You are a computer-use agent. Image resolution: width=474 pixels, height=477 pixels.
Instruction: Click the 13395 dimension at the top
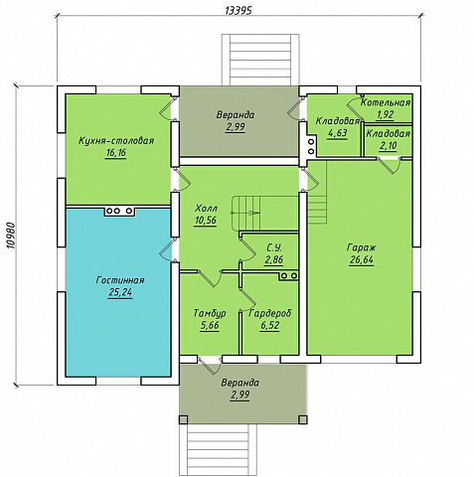tap(238, 10)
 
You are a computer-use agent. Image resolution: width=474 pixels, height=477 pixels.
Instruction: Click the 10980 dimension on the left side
tap(11, 236)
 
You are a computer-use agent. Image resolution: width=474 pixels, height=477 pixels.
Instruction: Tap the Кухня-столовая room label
tap(116, 140)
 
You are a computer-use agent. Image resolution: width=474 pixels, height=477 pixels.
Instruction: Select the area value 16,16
tap(115, 153)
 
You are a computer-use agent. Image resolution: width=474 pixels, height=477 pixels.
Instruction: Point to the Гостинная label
tap(120, 280)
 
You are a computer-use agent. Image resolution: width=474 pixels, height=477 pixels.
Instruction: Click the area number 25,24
tap(120, 292)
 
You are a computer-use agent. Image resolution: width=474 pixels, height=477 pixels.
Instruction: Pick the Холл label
tap(206, 209)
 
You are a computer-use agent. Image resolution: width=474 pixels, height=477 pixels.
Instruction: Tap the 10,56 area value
tap(206, 221)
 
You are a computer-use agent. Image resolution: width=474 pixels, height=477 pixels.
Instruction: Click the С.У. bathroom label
tap(274, 247)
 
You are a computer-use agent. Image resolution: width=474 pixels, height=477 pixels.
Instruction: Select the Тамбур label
tap(210, 313)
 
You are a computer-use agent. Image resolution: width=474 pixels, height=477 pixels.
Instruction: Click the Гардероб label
tap(270, 313)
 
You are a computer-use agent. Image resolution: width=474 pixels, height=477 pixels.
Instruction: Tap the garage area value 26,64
tap(362, 260)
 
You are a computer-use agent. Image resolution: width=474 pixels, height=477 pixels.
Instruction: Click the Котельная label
tap(386, 102)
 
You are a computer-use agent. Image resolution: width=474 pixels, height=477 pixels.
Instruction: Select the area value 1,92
tap(386, 114)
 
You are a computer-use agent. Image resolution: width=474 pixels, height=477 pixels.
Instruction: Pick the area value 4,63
tap(338, 133)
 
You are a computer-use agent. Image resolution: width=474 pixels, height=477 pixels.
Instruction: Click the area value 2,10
tap(389, 146)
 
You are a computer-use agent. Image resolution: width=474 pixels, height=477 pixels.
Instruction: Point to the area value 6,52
tap(270, 326)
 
